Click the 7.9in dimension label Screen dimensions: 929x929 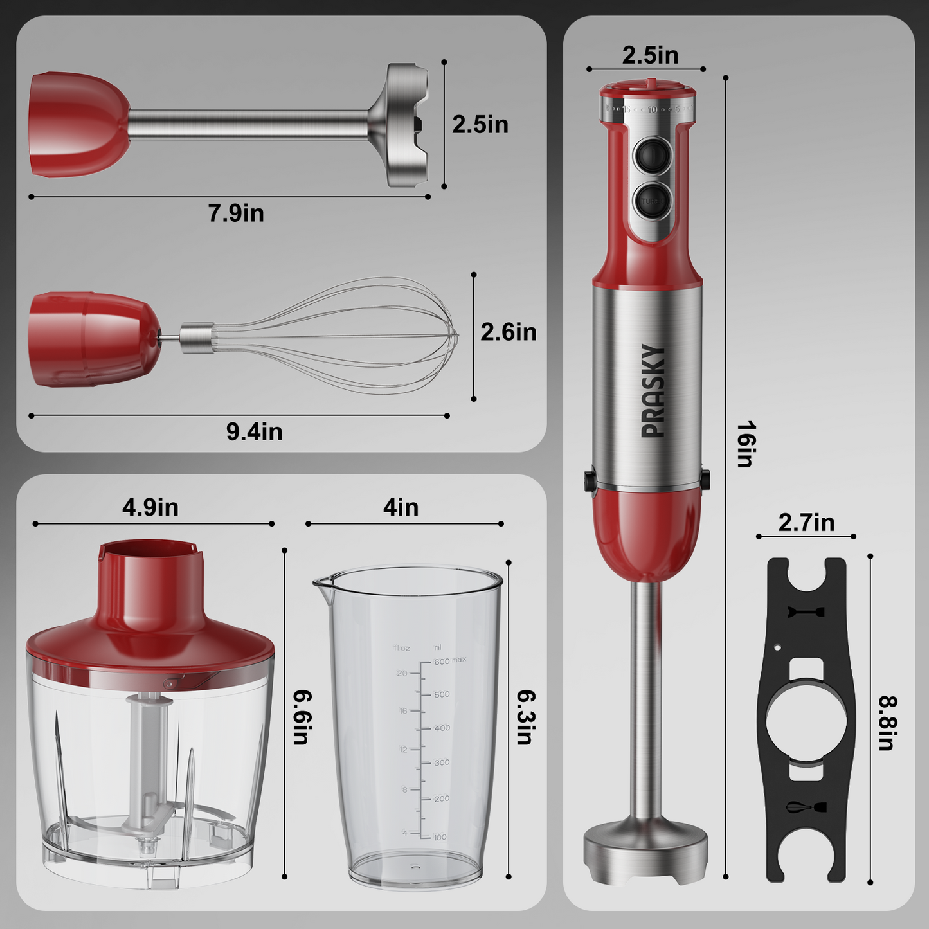click(235, 213)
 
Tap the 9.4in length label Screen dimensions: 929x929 click(254, 432)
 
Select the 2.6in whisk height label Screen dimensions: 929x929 click(508, 332)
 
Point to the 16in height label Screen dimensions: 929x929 click(746, 444)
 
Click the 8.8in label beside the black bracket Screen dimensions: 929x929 click(888, 723)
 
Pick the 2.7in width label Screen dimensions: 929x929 click(806, 523)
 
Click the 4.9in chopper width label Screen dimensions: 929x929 click(150, 507)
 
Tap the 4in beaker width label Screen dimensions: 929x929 click(401, 507)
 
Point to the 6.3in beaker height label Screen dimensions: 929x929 click(526, 717)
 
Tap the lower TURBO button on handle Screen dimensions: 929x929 click(651, 202)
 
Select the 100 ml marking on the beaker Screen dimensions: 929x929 click(440, 837)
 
